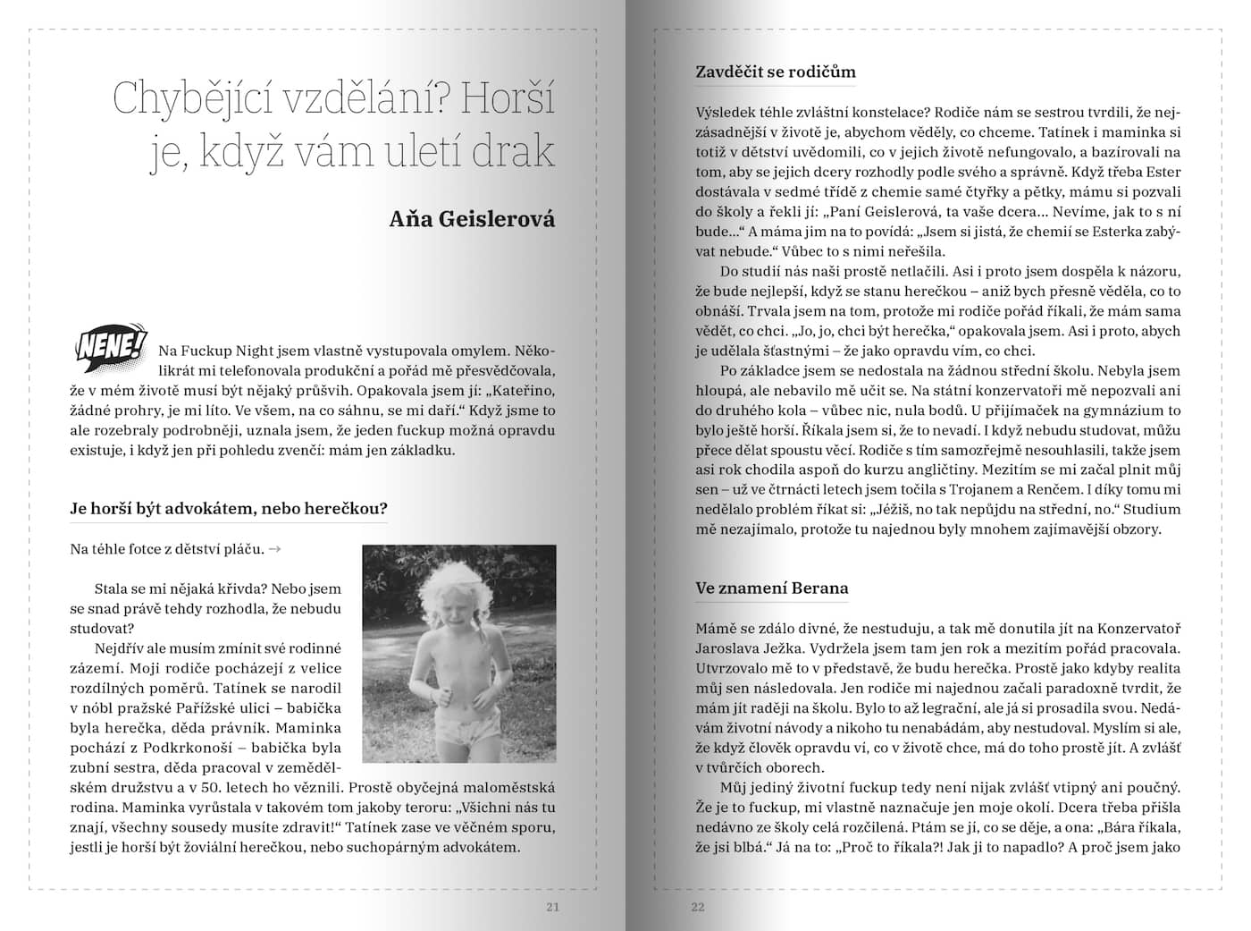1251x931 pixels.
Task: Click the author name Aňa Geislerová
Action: coord(472,219)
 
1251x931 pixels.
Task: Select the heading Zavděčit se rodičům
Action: coord(776,72)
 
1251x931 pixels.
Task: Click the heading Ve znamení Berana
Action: coord(772,588)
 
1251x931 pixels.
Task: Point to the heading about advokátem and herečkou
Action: coord(229,509)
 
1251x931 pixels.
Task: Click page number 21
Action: coord(552,907)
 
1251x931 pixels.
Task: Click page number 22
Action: coord(698,907)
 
